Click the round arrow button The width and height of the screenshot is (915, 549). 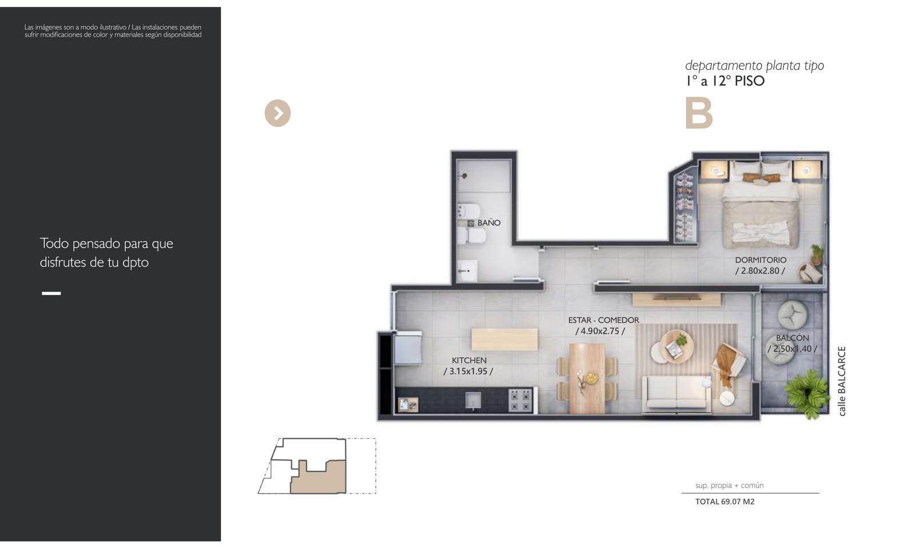pyautogui.click(x=278, y=113)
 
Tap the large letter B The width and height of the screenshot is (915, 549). pyautogui.click(x=699, y=113)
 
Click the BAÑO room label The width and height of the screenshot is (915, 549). pyautogui.click(x=489, y=223)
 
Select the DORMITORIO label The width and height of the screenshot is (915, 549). pyautogui.click(x=761, y=260)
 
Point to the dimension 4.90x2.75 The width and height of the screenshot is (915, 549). pyautogui.click(x=600, y=331)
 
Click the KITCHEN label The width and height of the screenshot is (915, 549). pyautogui.click(x=469, y=360)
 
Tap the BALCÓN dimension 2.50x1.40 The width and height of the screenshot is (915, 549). pyautogui.click(x=793, y=349)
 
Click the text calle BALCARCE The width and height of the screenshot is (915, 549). pyautogui.click(x=842, y=381)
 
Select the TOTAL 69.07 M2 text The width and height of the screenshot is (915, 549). pyautogui.click(x=725, y=502)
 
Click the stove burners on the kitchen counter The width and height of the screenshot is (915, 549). pyautogui.click(x=520, y=400)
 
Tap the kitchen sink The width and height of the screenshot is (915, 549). pyautogui.click(x=474, y=400)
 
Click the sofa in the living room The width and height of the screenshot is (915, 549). pyautogui.click(x=677, y=393)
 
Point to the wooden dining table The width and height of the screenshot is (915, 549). pyautogui.click(x=587, y=378)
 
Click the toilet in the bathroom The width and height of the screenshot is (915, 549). pyautogui.click(x=472, y=236)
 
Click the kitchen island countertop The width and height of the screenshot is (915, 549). pyautogui.click(x=504, y=340)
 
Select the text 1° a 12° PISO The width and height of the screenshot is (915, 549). pyautogui.click(x=725, y=81)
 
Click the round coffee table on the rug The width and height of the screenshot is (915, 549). pyautogui.click(x=677, y=346)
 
